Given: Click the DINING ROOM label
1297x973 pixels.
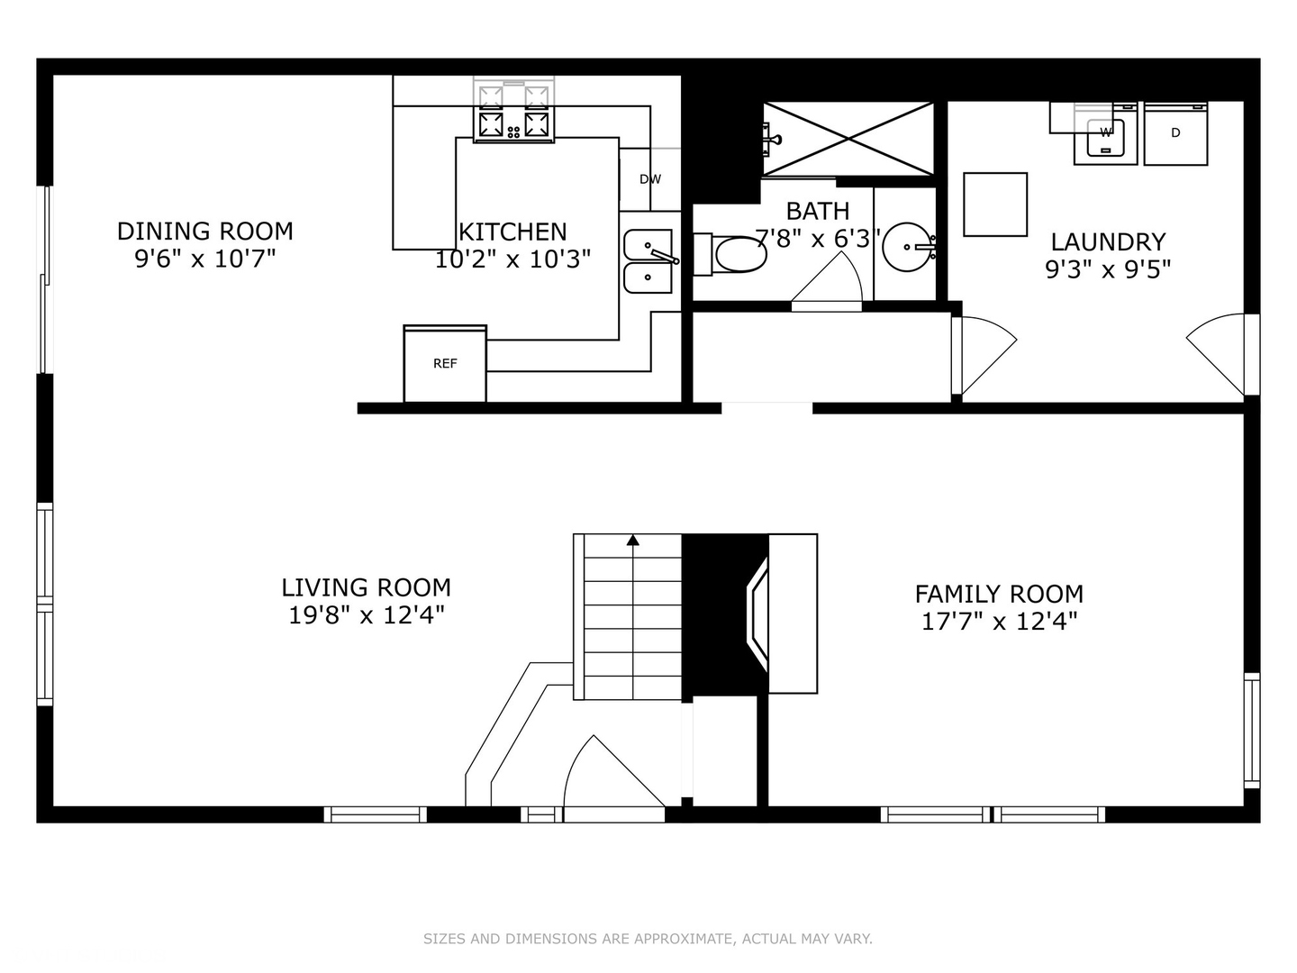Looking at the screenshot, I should coord(204,232).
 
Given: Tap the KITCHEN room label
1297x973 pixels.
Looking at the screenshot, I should coord(512,232).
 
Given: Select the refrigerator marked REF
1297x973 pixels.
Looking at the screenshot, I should coord(445,364).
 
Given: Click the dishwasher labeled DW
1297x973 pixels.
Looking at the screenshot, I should coord(649,179).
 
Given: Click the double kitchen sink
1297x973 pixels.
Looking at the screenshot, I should coord(648,261).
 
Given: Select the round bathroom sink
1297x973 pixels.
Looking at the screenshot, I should coord(908,246).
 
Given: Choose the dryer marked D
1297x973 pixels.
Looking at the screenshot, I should coord(1175,134).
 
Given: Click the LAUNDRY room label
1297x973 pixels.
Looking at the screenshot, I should coord(1108,241).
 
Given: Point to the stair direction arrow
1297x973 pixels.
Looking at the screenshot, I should coord(633,541).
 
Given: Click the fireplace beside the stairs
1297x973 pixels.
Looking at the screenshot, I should coord(757,614).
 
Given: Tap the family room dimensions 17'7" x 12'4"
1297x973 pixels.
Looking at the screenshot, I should coord(999,621).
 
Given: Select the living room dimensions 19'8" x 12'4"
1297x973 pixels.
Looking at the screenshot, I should coord(366,615).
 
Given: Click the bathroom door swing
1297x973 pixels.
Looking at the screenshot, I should coord(826,281).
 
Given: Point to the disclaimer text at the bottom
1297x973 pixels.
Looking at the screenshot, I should coord(648,939).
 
